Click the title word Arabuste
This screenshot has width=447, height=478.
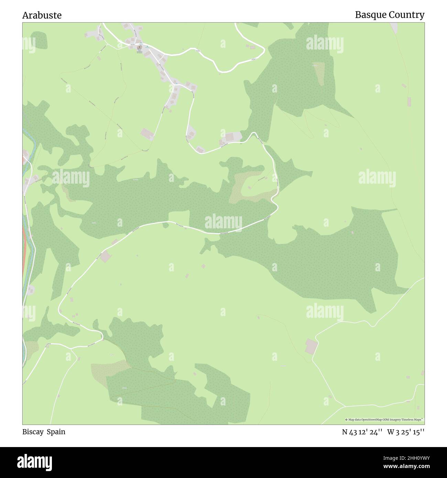(42, 15)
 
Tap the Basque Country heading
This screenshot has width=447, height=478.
(390, 15)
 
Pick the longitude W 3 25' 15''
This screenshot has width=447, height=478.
(406, 432)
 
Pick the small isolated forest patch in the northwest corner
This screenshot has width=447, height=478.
(40, 40)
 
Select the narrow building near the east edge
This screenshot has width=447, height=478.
(409, 101)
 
